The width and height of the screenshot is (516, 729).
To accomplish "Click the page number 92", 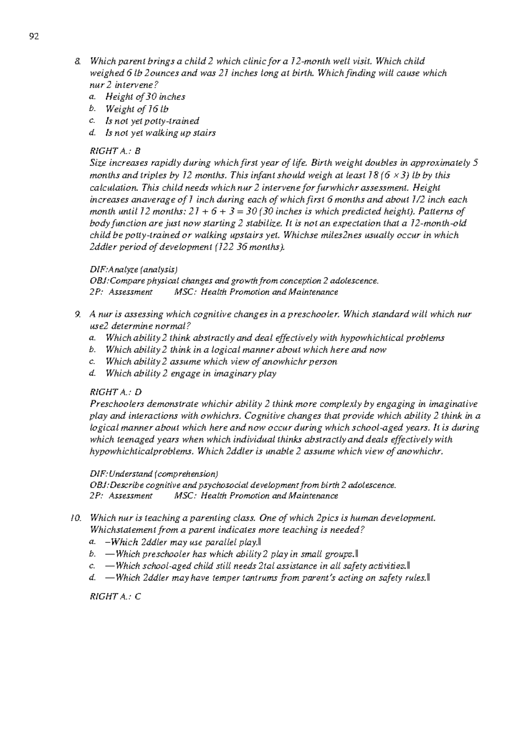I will click(34, 37).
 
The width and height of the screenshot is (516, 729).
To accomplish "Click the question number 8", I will click(77, 61).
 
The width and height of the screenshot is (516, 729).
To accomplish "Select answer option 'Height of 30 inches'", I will click(145, 97).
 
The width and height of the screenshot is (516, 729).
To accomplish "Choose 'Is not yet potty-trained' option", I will click(152, 121).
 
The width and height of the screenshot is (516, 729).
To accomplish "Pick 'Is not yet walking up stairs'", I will click(160, 133).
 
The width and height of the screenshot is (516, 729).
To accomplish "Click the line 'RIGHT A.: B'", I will click(115, 151).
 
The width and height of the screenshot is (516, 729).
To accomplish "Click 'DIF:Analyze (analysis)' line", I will click(133, 270).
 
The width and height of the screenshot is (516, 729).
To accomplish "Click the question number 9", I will click(77, 314).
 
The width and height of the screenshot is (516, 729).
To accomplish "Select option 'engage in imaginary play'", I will click(191, 373).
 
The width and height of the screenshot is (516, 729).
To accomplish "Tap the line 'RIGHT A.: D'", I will click(115, 392).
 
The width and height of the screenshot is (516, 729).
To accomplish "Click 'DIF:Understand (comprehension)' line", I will click(154, 474).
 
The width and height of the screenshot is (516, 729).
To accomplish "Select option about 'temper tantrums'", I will click(267, 578).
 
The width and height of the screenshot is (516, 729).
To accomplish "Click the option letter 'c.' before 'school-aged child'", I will click(92, 566).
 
